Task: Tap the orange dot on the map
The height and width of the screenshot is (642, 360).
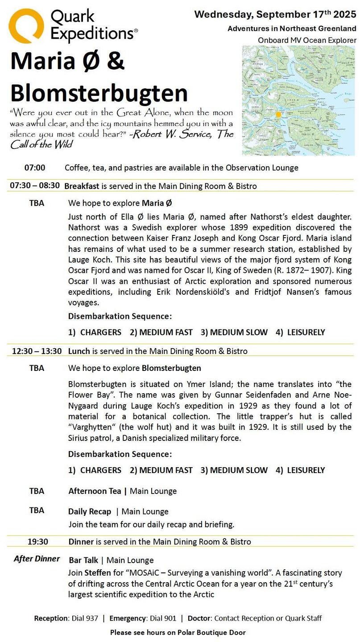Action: (278, 115)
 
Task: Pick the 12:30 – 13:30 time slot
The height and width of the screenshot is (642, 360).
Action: (37, 351)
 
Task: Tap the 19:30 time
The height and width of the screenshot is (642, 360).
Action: (38, 542)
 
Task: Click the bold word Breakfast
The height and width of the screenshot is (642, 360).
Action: (82, 186)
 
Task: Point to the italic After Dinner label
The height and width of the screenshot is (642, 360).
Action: (37, 559)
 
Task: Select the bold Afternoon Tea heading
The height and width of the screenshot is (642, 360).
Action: (95, 491)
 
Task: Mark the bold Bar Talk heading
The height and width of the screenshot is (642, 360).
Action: (83, 560)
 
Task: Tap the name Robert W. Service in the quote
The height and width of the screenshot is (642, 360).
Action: (171, 135)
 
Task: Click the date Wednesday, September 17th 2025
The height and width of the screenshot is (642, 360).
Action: (275, 14)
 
